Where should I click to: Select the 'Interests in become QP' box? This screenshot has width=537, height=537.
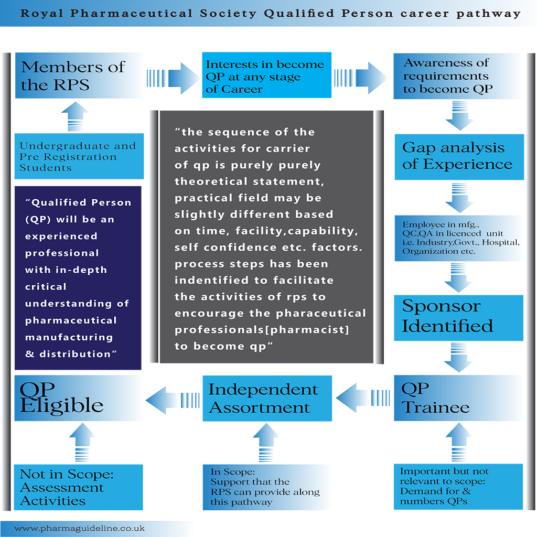(x=266, y=75)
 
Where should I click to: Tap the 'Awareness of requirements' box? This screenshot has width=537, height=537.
(x=459, y=76)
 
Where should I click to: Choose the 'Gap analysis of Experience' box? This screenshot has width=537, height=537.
(x=459, y=157)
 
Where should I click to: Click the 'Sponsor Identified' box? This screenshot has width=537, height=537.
(x=458, y=318)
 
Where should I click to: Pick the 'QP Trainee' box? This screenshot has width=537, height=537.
(x=459, y=398)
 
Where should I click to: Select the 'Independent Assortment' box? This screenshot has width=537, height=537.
(x=267, y=399)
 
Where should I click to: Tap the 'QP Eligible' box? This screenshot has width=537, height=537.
(x=79, y=398)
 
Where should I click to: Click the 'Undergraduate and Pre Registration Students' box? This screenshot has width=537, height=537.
(x=79, y=156)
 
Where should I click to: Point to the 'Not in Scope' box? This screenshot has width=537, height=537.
(x=79, y=487)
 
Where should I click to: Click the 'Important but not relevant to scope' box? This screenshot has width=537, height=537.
(x=458, y=487)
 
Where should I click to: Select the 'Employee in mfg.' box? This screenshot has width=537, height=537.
(x=459, y=239)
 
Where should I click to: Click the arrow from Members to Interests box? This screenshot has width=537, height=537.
(x=173, y=78)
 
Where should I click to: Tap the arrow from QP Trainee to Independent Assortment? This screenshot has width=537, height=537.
(x=363, y=398)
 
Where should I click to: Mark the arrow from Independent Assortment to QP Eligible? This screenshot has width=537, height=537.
(x=173, y=400)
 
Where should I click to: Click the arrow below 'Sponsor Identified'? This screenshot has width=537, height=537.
(x=458, y=357)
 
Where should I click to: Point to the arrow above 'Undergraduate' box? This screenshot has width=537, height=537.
(x=75, y=116)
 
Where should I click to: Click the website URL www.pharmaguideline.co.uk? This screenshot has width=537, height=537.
(x=80, y=529)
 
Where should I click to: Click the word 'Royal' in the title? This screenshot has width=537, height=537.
(x=42, y=13)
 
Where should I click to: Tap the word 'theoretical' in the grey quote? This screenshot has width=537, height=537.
(x=211, y=181)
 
